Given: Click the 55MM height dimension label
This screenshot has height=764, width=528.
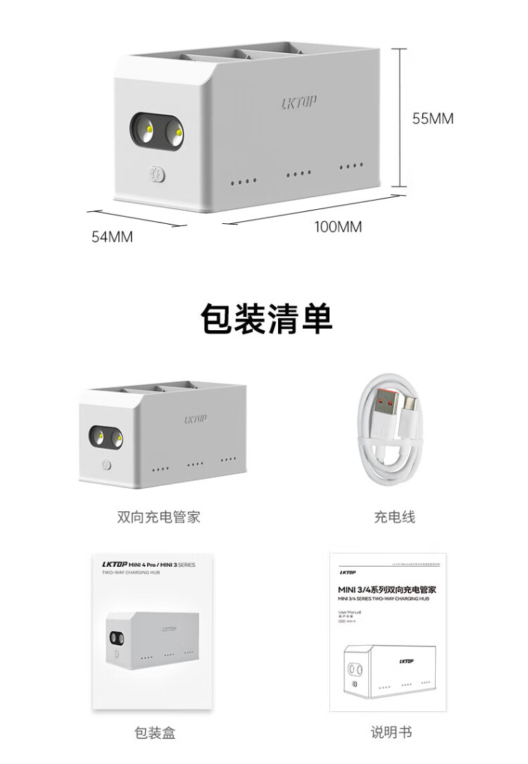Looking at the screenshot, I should (433, 119).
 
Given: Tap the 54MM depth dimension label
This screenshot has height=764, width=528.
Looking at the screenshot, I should (112, 237).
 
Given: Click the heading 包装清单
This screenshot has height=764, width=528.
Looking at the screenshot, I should (266, 320).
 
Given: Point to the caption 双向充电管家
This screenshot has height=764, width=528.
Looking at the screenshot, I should (158, 517).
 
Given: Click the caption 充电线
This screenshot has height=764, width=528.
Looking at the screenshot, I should (394, 517).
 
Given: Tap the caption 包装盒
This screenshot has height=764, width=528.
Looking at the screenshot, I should (154, 733).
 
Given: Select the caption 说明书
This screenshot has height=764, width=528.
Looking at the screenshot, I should (391, 732).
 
